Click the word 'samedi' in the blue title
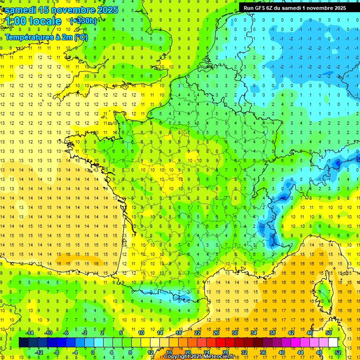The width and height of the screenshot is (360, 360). pos(23,10)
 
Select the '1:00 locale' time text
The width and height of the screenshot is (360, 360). pos(33,21)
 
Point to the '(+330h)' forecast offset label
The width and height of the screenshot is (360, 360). pos(83,21)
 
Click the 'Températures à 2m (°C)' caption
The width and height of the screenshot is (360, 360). pos(46,37)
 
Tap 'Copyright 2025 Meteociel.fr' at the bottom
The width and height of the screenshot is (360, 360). pos(199,357)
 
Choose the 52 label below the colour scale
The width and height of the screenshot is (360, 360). pos(338,352)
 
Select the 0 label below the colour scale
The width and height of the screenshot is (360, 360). pos(93,352)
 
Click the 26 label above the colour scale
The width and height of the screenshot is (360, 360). pos(216,332)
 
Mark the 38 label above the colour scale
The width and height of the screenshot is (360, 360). pos(272,332)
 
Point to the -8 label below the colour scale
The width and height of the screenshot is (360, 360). pos(56,352)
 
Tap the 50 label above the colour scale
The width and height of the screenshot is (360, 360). pos(329,332)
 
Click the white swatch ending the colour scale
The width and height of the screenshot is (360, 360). pos(333,343)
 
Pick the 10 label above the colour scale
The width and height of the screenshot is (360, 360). pos(141,332)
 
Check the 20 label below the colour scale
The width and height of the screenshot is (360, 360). pos(187,352)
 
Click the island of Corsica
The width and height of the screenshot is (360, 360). pos(322,291)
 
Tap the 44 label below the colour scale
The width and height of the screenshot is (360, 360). pos(300,352)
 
